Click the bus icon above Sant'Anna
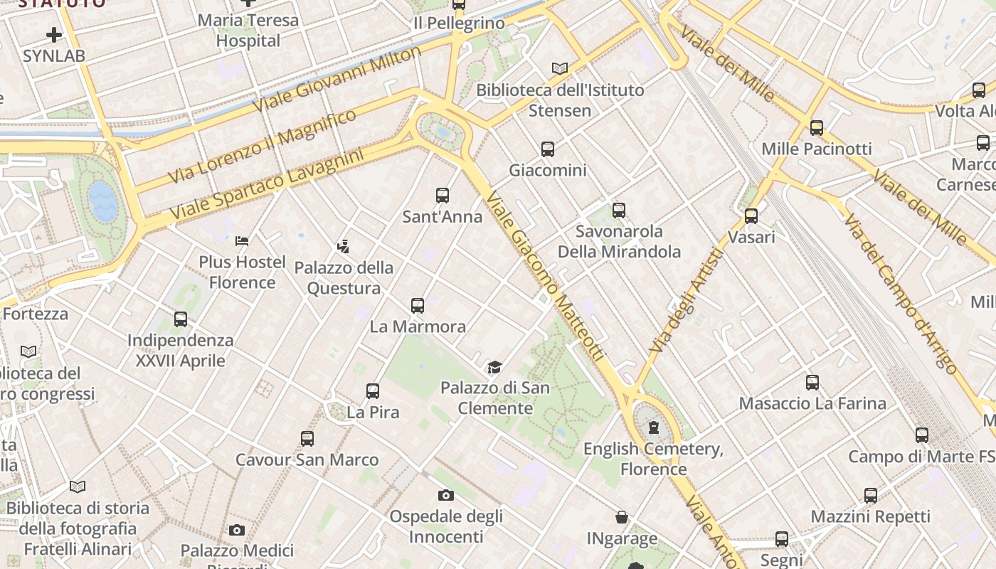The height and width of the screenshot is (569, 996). pyautogui.click(x=443, y=195)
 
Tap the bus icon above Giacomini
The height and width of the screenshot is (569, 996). pyautogui.click(x=547, y=149)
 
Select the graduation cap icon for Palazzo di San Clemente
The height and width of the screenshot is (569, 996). pyautogui.click(x=494, y=367)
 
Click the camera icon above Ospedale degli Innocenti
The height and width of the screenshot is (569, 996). pyautogui.click(x=445, y=495)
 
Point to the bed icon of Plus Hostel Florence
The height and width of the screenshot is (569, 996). pyautogui.click(x=242, y=240)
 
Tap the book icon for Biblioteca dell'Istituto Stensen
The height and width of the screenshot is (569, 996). pyautogui.click(x=560, y=68)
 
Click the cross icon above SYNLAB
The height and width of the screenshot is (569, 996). pyautogui.click(x=54, y=34)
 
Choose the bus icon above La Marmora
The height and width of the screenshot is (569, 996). pyautogui.click(x=418, y=306)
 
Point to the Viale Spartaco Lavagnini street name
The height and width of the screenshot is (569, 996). pyautogui.click(x=267, y=184)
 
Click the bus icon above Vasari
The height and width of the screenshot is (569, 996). pyautogui.click(x=751, y=216)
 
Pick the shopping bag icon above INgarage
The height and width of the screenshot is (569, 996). pyautogui.click(x=622, y=517)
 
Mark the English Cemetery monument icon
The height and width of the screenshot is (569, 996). pyautogui.click(x=653, y=427)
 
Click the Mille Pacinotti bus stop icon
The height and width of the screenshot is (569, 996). pyautogui.click(x=817, y=128)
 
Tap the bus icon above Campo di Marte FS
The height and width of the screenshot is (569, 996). pyautogui.click(x=922, y=435)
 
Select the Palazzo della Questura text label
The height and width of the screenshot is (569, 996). pyautogui.click(x=344, y=278)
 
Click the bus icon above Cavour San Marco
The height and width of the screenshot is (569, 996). pyautogui.click(x=307, y=439)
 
